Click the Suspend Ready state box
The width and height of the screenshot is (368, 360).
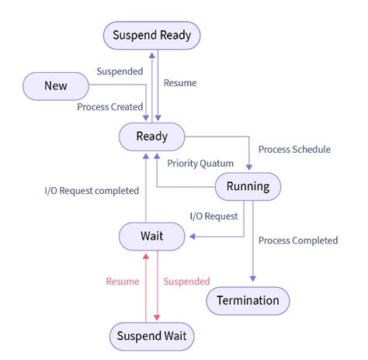tap(152, 35)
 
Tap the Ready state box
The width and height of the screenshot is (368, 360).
tap(152, 137)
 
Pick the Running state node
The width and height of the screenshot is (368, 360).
tap(248, 186)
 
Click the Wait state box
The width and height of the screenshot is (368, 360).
tap(152, 236)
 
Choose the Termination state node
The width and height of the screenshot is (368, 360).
tap(248, 299)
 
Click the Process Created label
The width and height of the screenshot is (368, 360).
tap(110, 106)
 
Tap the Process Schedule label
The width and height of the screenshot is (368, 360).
tap(294, 149)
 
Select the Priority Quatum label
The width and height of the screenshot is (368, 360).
tap(200, 163)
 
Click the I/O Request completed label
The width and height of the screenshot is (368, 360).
tap(92, 190)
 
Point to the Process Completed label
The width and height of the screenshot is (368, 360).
tap(297, 241)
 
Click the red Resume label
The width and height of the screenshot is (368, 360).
tap(122, 281)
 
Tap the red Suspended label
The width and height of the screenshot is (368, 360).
tap(186, 281)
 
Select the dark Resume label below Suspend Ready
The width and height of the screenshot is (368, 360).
tap(180, 82)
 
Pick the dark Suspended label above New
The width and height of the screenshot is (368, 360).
tap(120, 71)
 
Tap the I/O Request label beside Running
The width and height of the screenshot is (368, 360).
tap(214, 216)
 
